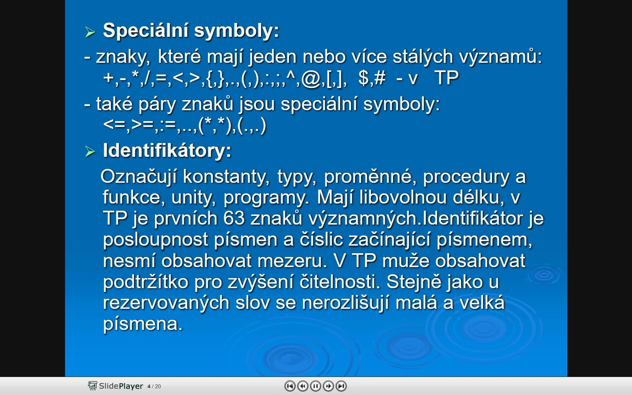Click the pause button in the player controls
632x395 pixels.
(x=315, y=386)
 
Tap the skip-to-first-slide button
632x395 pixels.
(x=290, y=386)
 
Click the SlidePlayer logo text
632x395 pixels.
(x=121, y=386)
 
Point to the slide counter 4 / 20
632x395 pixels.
(x=154, y=386)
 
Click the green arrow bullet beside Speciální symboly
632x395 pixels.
(x=90, y=32)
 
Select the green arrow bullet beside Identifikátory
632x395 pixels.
(x=90, y=151)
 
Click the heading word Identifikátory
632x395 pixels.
(x=167, y=150)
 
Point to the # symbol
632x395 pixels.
(x=379, y=78)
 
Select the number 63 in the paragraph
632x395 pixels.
(x=234, y=219)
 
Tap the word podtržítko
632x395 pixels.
(x=145, y=282)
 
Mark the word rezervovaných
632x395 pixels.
(x=166, y=303)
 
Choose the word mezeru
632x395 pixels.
(x=292, y=261)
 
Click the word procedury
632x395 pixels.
(x=466, y=177)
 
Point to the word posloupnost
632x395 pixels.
(x=155, y=240)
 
